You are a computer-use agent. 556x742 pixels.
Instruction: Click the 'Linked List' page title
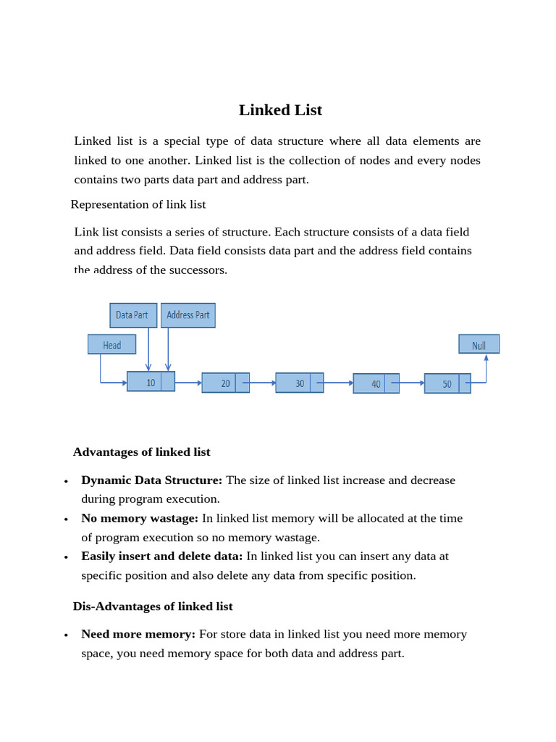point(280,110)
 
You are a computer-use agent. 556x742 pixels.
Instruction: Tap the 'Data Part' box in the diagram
point(133,315)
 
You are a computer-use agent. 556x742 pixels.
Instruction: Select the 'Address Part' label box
point(188,315)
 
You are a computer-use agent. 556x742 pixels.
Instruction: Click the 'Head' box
point(111,344)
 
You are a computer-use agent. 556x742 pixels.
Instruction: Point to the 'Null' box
point(479,344)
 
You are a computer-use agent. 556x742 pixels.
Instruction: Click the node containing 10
point(151,382)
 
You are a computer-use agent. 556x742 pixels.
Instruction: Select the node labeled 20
point(225,383)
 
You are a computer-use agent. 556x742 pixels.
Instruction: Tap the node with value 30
point(299,383)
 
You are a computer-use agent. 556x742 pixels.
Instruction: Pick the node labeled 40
point(376,383)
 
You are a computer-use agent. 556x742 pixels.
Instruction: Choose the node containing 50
point(447,383)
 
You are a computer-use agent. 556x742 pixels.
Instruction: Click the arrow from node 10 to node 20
point(188,382)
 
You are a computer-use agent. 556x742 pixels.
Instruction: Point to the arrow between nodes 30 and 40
point(338,383)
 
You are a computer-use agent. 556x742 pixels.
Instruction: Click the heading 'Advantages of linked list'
point(142,452)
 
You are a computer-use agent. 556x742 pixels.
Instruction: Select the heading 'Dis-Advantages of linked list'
point(153,606)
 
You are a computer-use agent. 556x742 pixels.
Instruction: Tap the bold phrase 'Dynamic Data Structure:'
point(152,480)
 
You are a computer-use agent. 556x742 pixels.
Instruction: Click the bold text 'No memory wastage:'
point(140,518)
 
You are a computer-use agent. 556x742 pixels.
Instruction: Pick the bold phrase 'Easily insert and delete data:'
point(162,556)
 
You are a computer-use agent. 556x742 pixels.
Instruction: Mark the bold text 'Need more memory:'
point(138,634)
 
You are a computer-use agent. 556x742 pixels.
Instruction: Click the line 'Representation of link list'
point(138,204)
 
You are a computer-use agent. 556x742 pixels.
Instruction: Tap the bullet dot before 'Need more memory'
point(66,635)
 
